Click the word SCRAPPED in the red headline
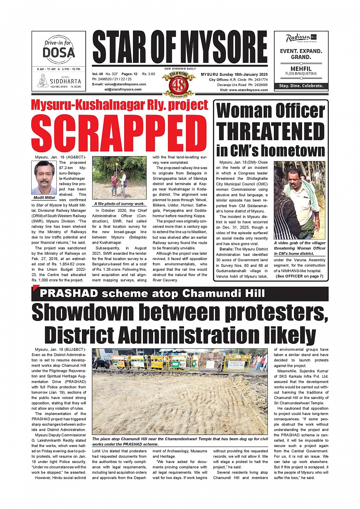[x=119, y=133]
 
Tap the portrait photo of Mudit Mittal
[x=44, y=177]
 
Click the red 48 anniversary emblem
[x=178, y=83]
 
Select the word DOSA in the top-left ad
[x=59, y=53]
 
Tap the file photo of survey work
[x=119, y=177]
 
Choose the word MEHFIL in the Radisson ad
[x=301, y=69]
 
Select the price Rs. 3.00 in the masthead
[x=149, y=74]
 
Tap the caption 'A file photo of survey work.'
[x=119, y=204]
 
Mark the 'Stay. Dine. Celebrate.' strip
[x=301, y=86]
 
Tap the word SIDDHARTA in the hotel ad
[x=66, y=81]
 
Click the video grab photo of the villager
[x=299, y=200]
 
